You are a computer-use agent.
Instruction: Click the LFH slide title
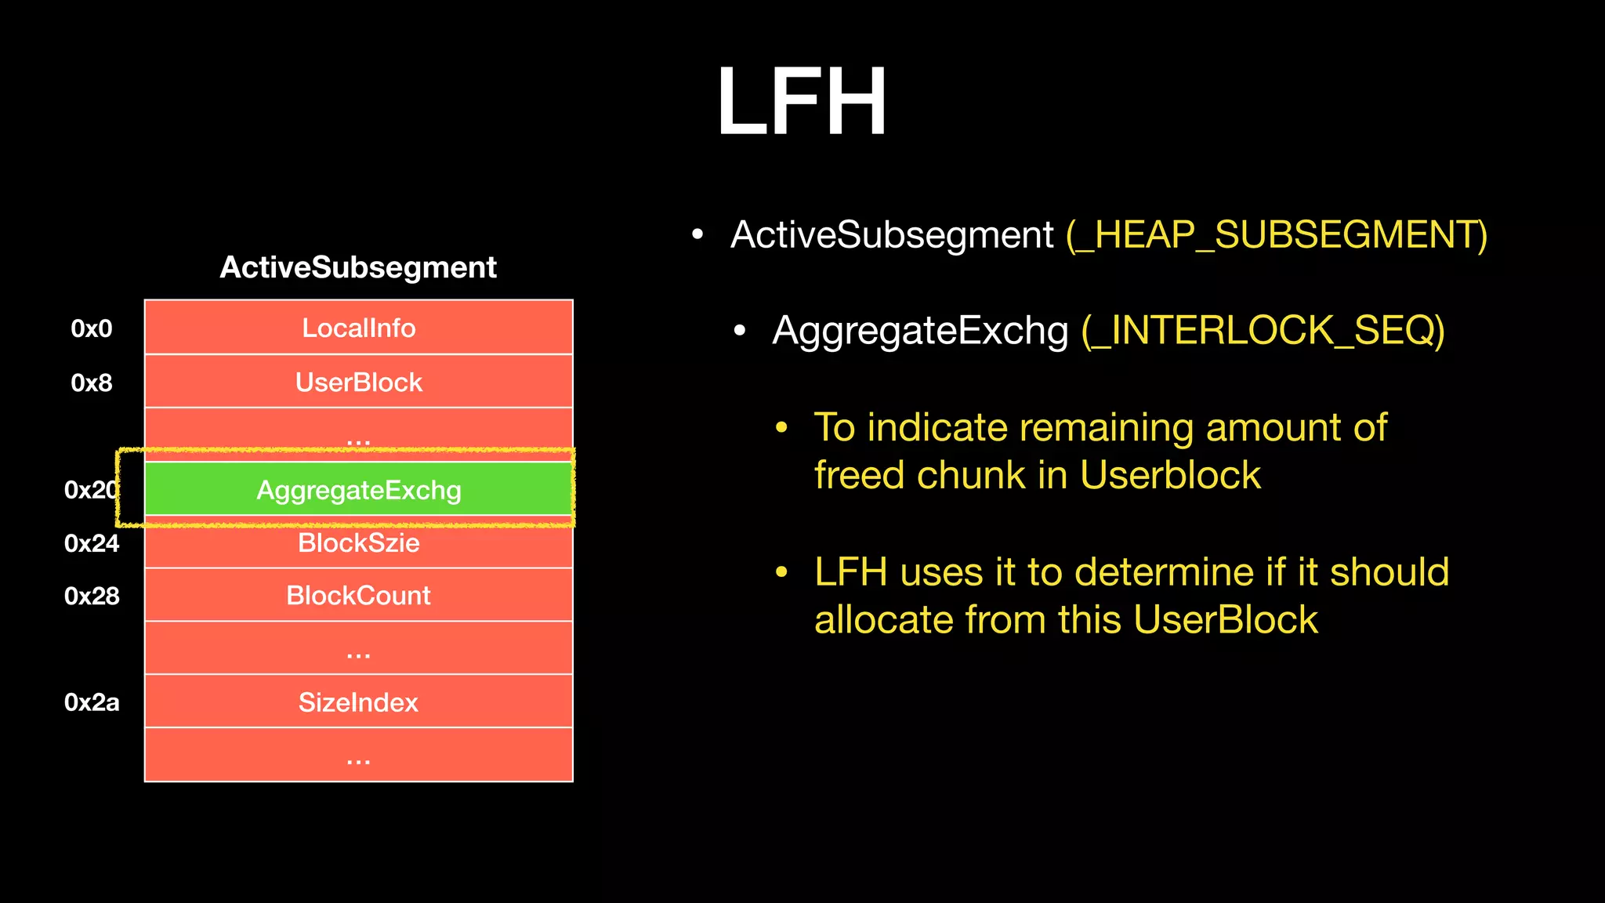(x=801, y=102)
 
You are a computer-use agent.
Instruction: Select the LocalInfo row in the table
(x=359, y=328)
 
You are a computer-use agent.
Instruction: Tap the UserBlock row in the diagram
(x=359, y=382)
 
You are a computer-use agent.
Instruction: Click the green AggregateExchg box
(x=359, y=490)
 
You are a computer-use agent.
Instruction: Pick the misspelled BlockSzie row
(x=359, y=543)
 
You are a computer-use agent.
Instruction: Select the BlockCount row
(x=359, y=596)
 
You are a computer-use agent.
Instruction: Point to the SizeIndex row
(x=359, y=702)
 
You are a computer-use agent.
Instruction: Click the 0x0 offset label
(x=92, y=328)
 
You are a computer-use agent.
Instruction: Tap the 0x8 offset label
(x=92, y=383)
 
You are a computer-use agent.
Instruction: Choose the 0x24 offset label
(x=92, y=543)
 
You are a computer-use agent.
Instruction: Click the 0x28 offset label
(x=92, y=597)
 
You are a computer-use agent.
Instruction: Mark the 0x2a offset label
(x=92, y=702)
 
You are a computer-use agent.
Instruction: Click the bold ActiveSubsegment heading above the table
(x=358, y=267)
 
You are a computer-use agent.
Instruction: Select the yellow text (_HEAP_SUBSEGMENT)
(x=1276, y=235)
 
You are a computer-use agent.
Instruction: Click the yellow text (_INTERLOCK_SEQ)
(x=1263, y=330)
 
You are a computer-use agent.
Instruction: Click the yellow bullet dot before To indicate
(x=781, y=428)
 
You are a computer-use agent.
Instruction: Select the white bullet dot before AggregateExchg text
(x=739, y=331)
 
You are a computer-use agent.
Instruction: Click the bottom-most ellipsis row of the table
(x=359, y=756)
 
